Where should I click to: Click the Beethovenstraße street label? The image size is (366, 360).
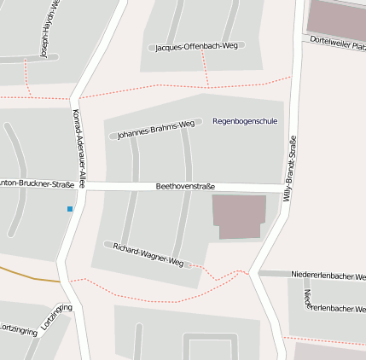pyautogui.click(x=185, y=186)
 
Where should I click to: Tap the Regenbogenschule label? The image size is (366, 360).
pyautogui.click(x=245, y=121)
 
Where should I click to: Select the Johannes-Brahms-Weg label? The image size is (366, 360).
pyautogui.click(x=150, y=130)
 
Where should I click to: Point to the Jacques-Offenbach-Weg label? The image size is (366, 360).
pyautogui.click(x=196, y=47)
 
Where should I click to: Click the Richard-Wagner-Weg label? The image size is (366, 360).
pyautogui.click(x=148, y=253)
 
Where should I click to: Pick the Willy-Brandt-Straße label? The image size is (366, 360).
pyautogui.click(x=290, y=168)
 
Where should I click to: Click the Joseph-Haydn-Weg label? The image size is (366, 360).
pyautogui.click(x=49, y=30)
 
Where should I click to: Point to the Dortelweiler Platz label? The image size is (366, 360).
pyautogui.click(x=338, y=42)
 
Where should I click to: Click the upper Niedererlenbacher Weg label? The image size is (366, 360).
pyautogui.click(x=328, y=276)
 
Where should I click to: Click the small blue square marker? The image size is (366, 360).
pyautogui.click(x=70, y=208)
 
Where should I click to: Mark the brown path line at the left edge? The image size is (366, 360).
pyautogui.click(x=26, y=276)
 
